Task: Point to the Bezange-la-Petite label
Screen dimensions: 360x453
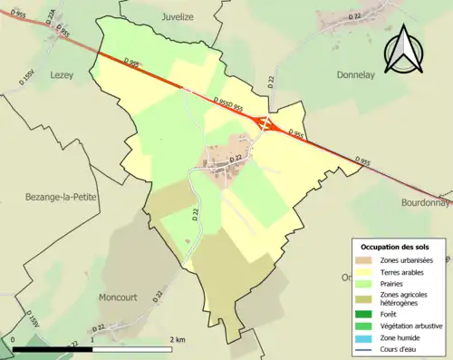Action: (55, 197)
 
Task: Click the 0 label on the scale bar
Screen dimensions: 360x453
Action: (14, 340)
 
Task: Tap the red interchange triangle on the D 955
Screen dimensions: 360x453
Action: (267, 123)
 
